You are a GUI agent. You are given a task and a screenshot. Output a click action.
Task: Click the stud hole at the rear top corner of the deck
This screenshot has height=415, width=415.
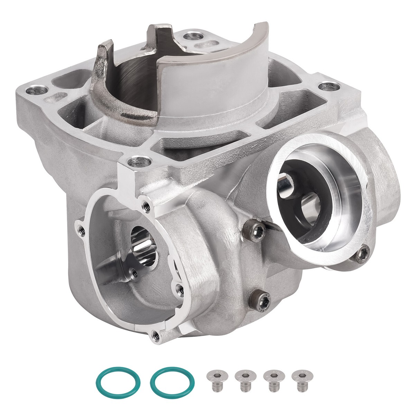pos(190,36)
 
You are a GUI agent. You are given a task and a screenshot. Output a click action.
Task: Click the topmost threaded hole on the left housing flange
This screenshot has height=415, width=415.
pos(146,205)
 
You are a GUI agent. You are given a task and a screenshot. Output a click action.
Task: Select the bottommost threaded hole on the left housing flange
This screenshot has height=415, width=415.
pos(156,334)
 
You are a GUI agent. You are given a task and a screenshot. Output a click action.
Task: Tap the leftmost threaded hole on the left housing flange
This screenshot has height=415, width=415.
pos(81,228)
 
